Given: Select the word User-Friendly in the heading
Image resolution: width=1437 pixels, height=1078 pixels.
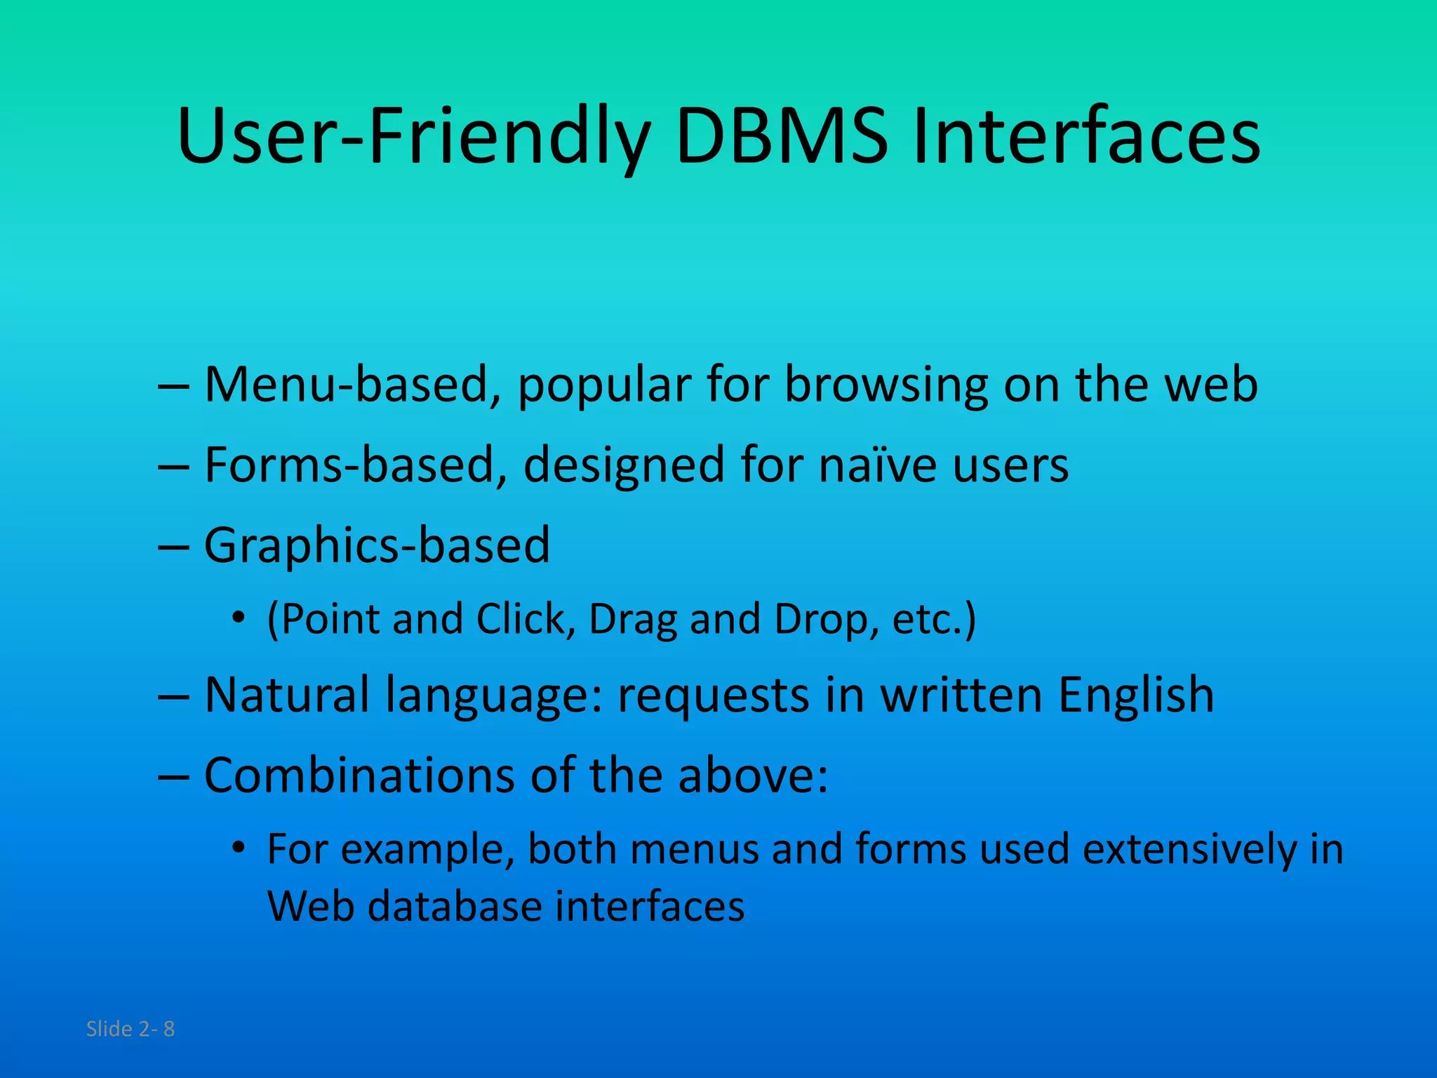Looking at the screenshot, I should [x=414, y=138].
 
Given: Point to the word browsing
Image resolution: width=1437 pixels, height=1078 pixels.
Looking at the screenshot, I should [x=886, y=387].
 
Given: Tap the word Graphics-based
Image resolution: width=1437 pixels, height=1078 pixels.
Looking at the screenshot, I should [x=377, y=545].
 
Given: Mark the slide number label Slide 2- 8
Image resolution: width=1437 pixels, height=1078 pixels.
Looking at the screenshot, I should [x=131, y=1029].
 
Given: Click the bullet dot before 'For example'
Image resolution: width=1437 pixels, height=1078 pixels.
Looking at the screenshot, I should [x=239, y=848].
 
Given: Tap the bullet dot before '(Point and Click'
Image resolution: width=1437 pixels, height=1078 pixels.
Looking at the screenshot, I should [x=239, y=618].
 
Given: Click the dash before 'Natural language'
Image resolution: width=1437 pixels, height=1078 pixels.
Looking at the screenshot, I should [x=174, y=696].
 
